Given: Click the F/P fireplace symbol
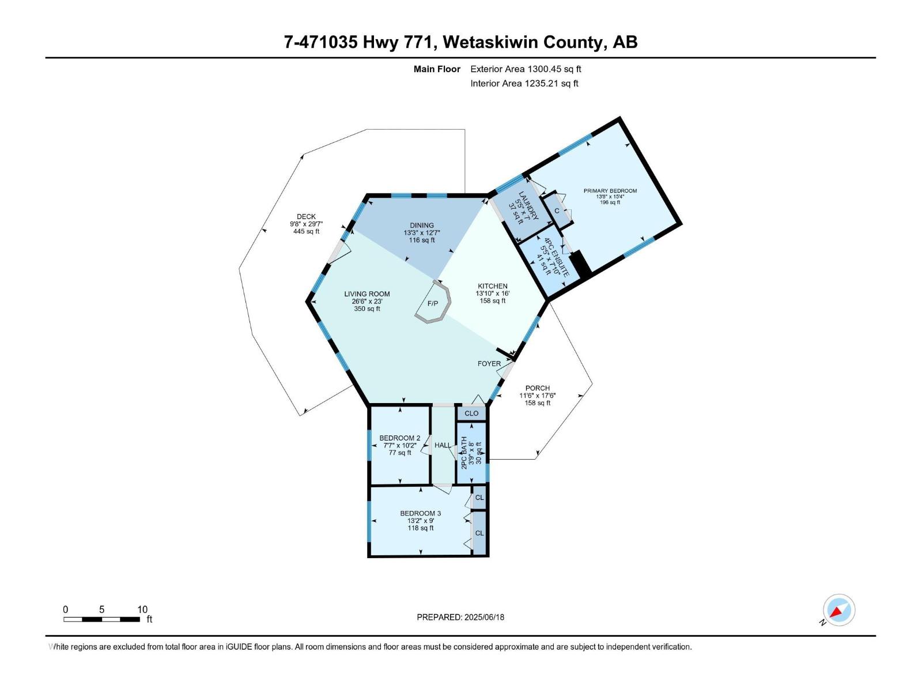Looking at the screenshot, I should [432, 303].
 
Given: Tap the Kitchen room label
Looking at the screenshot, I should [493, 287].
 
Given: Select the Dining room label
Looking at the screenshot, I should [422, 225].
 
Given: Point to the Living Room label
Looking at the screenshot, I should [367, 294].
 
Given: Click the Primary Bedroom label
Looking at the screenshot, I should [610, 191].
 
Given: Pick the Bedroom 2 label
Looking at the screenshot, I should [400, 438].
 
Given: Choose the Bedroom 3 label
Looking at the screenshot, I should [421, 513].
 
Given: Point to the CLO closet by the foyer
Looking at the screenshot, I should [471, 413].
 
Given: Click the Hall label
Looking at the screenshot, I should [443, 445].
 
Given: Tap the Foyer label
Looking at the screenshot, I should [489, 364].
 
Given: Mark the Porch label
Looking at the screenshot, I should [538, 388].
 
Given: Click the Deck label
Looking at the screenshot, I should [306, 217].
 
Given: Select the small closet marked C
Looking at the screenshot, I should [557, 211].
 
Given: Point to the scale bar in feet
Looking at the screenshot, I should [102, 619].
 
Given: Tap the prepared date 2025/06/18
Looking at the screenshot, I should [460, 617].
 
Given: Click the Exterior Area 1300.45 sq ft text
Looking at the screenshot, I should [526, 69].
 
